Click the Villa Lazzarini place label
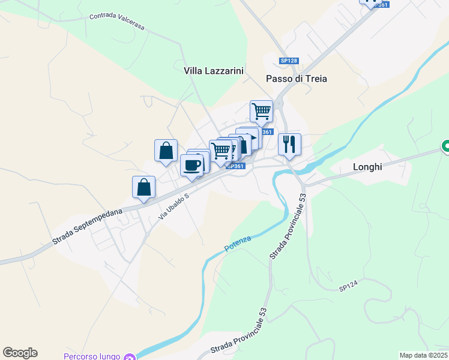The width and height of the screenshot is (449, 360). (x=214, y=71)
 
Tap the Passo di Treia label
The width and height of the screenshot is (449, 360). (x=297, y=79)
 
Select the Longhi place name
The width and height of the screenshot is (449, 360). (x=367, y=167)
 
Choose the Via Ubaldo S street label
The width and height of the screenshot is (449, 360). (x=174, y=206)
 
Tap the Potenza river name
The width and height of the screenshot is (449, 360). (x=238, y=244)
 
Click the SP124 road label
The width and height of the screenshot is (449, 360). (x=348, y=289)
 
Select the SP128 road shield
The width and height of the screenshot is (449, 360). (x=289, y=61)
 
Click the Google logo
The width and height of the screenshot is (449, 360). (x=20, y=353)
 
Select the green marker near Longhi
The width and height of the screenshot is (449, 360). (x=445, y=146)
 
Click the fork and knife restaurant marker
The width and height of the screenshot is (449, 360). (x=289, y=144)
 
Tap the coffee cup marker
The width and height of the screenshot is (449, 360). (x=191, y=165)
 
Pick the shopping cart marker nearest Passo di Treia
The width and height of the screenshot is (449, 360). (x=261, y=111)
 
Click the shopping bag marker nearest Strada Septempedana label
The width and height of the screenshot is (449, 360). (x=143, y=187)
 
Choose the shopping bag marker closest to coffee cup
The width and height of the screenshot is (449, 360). (x=166, y=151)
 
